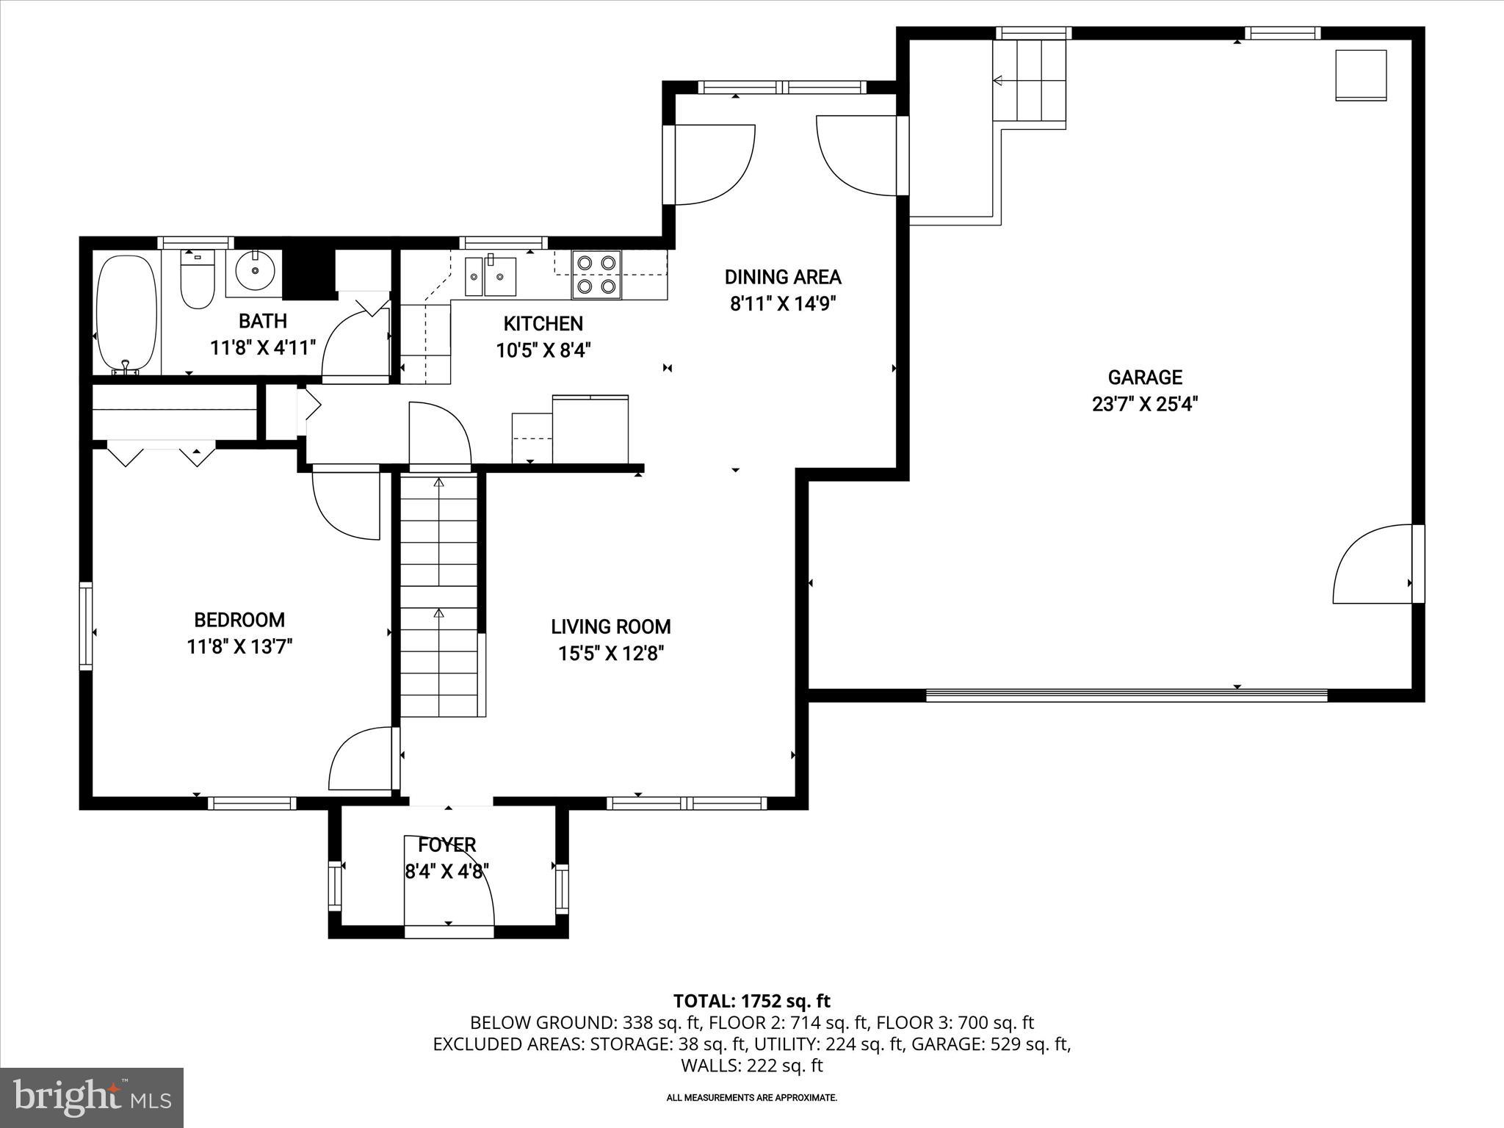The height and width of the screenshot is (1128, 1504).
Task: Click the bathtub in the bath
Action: click(x=127, y=314)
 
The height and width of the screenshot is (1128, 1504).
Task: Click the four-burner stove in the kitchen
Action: click(x=596, y=274)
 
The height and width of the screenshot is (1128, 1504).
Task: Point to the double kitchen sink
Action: click(x=490, y=276)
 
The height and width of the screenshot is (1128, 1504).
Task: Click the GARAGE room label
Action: click(x=1145, y=377)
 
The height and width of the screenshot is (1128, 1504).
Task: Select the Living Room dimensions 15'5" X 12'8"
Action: click(x=611, y=654)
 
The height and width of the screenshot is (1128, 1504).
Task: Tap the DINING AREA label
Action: click(x=783, y=277)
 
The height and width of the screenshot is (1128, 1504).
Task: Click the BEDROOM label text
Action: click(x=239, y=620)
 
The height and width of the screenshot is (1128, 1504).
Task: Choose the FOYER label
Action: click(x=447, y=845)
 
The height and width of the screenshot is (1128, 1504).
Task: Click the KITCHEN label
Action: click(x=543, y=323)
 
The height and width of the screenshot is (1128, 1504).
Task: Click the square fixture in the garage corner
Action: click(x=1361, y=75)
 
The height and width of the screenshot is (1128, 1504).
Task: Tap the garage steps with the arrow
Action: click(x=1028, y=81)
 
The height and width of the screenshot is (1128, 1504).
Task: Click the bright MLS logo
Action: click(x=92, y=1097)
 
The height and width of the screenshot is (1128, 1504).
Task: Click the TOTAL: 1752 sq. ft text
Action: click(x=751, y=1001)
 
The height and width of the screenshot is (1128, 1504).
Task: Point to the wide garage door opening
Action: click(x=1127, y=695)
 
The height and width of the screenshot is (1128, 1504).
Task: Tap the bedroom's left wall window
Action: click(x=86, y=626)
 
